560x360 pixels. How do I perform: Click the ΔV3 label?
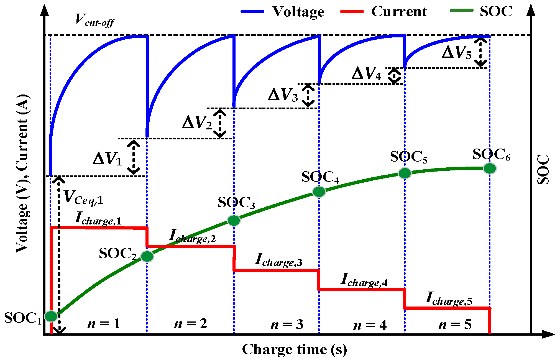(283, 95)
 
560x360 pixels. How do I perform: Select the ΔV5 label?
(457, 52)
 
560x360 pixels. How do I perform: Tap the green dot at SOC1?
(51, 316)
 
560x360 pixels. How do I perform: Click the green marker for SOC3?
(234, 221)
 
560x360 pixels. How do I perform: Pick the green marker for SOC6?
(490, 168)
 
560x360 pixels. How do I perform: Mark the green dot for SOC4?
(319, 192)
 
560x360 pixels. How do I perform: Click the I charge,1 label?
(98, 219)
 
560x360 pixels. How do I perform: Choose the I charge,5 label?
(449, 299)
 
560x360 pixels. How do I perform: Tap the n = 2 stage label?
(191, 324)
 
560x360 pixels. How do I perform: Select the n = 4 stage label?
(370, 325)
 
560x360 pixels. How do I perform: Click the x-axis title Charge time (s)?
(294, 349)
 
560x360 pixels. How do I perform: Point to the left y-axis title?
(22, 173)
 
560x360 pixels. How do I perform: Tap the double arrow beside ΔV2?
(220, 123)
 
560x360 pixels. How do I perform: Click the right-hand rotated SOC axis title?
(543, 170)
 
